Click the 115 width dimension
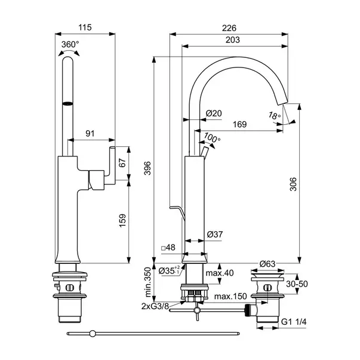(x=88, y=28)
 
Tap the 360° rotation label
(x=70, y=44)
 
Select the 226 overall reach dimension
(x=230, y=28)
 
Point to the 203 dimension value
(x=233, y=40)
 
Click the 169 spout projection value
(x=239, y=124)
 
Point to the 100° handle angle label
(x=213, y=138)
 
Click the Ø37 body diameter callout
(x=214, y=235)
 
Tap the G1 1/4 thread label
(x=296, y=322)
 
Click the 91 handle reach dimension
(x=91, y=134)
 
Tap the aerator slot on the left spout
(x=69, y=103)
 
